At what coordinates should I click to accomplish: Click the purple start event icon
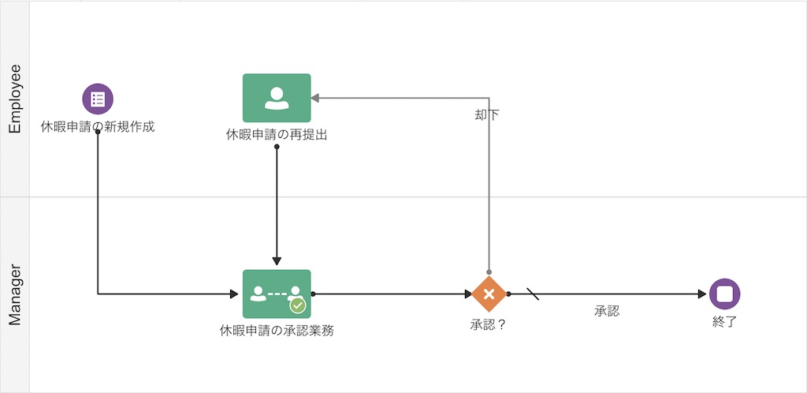[98, 99]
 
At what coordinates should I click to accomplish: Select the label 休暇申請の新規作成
[98, 126]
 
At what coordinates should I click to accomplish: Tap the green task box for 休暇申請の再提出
[277, 98]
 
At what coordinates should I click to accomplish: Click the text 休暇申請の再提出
[277, 135]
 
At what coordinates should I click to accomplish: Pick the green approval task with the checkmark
[277, 294]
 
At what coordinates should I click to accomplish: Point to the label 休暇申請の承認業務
[277, 331]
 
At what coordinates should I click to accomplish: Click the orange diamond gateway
[489, 294]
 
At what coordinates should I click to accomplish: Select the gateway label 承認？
[488, 324]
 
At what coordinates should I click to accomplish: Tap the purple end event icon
[724, 294]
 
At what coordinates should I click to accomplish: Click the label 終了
[724, 321]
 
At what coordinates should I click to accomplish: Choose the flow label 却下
[486, 114]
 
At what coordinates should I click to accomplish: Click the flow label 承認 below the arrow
[607, 311]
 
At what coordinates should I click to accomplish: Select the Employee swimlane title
[14, 99]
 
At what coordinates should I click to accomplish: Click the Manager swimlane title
[14, 294]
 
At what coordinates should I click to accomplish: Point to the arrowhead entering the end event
[702, 294]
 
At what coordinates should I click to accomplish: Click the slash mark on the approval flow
[533, 294]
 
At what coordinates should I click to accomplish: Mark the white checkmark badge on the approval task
[297, 305]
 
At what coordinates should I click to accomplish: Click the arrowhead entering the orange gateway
[467, 294]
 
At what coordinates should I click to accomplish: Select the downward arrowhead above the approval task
[277, 262]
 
